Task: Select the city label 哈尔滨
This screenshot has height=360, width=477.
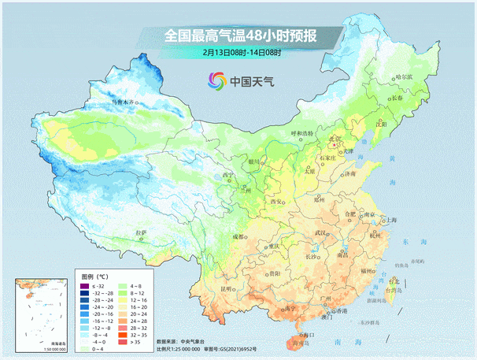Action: click(x=404, y=77)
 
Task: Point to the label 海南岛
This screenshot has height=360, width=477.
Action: click(x=300, y=343)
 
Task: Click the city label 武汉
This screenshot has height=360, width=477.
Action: click(x=320, y=234)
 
